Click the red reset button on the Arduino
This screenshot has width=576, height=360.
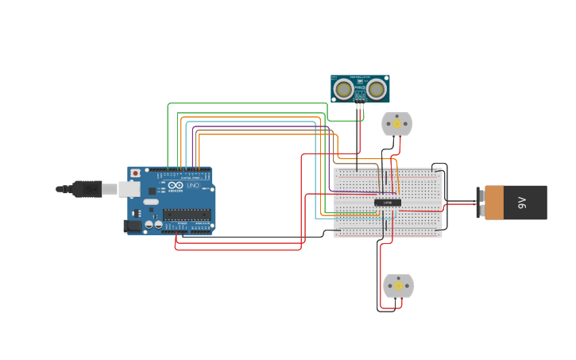click(135, 173)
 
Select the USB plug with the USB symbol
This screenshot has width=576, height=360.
click(86, 189)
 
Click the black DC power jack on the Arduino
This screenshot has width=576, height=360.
click(132, 226)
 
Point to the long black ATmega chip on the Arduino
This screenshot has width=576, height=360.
click(187, 213)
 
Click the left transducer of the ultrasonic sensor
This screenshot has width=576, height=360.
click(343, 89)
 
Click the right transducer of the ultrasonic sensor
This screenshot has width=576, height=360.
click(377, 89)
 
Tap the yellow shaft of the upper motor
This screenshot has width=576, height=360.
click(397, 123)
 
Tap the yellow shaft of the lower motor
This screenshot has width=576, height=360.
click(398, 285)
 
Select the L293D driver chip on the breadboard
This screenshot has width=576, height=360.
click(388, 203)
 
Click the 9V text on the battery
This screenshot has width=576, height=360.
click(522, 203)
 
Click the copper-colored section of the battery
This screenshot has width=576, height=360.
click(494, 203)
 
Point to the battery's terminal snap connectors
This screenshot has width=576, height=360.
click(479, 203)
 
